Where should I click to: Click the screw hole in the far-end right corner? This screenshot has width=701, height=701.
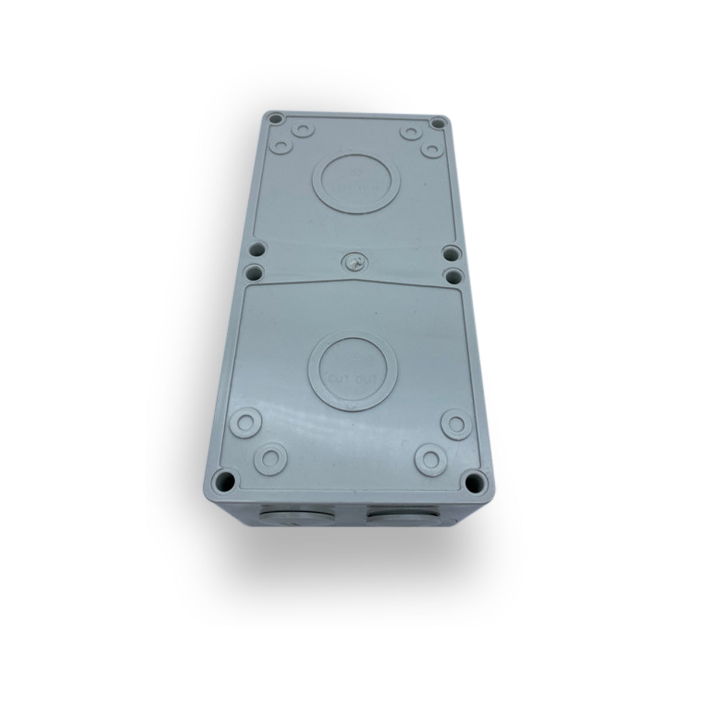tap(436, 123)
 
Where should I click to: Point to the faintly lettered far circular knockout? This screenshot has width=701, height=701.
tap(356, 180)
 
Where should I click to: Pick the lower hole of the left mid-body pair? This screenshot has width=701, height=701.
tap(252, 272)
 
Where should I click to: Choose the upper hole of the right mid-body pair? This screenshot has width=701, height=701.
tap(450, 254)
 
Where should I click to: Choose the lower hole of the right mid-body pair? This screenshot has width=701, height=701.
tap(451, 273)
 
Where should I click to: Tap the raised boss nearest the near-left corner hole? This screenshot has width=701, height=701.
tap(269, 458)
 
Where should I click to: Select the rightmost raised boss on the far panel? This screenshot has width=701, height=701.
tap(431, 150)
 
